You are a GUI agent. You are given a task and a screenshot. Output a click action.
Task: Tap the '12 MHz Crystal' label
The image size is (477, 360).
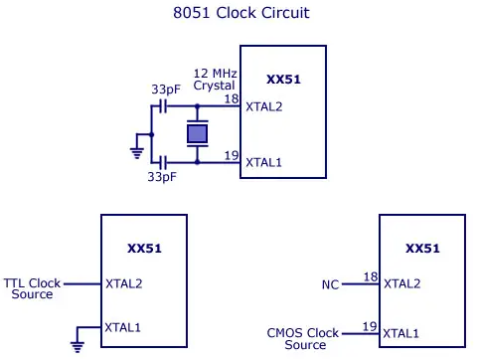pyautogui.click(x=214, y=80)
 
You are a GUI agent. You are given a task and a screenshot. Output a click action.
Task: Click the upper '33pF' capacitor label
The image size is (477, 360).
pyautogui.click(x=165, y=89)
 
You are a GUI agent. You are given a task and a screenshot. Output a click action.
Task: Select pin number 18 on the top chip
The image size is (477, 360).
pyautogui.click(x=230, y=99)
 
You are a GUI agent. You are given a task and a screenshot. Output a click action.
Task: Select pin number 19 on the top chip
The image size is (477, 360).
pyautogui.click(x=230, y=154)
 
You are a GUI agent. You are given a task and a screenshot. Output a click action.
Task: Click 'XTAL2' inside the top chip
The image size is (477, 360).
pyautogui.click(x=264, y=107)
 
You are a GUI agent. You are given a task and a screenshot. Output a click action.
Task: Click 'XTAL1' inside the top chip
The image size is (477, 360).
pyautogui.click(x=264, y=162)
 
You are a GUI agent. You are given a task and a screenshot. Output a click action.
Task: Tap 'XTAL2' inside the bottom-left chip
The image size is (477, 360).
pyautogui.click(x=124, y=283)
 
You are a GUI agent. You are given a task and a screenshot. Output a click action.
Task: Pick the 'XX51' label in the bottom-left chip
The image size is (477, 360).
pyautogui.click(x=144, y=248)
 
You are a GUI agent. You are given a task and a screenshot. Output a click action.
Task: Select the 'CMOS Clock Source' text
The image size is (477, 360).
pyautogui.click(x=303, y=338)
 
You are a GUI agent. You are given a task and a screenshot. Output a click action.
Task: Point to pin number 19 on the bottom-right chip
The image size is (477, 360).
pyautogui.click(x=370, y=325)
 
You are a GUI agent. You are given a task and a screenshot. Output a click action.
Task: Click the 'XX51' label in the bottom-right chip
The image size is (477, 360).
pyautogui.click(x=423, y=248)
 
